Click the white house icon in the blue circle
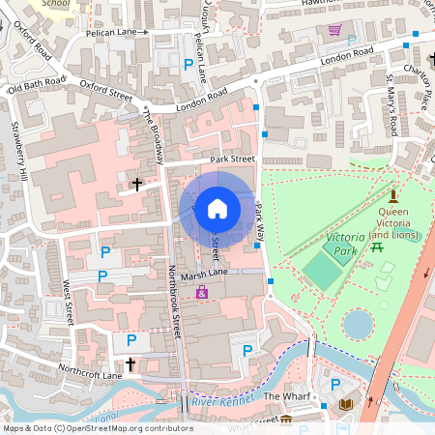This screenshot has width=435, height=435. click(x=217, y=208)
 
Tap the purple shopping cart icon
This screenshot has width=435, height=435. click(x=335, y=30)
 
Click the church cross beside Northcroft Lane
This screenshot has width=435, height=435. click(x=129, y=364)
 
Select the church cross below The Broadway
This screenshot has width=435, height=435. click(x=136, y=183)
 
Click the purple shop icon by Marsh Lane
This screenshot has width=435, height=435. click(x=202, y=292)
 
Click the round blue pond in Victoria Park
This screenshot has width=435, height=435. click(x=358, y=324)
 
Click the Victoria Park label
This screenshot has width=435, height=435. click(x=346, y=244)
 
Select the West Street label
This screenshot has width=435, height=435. click(x=68, y=301)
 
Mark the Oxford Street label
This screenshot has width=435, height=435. click(x=105, y=89)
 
